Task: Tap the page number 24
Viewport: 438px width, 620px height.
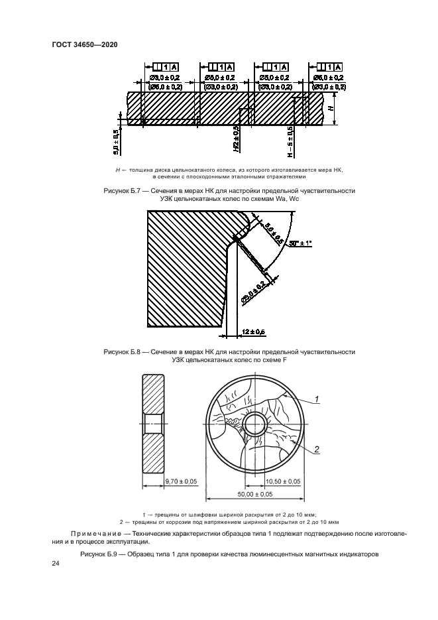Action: (x=56, y=564)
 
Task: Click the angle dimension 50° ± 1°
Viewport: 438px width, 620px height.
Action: (x=300, y=244)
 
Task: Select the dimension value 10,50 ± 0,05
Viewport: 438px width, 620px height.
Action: (x=283, y=481)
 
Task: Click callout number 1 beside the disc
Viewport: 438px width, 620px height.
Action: (x=317, y=399)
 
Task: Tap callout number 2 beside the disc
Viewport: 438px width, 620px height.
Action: (x=317, y=450)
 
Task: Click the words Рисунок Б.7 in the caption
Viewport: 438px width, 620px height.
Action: (x=121, y=190)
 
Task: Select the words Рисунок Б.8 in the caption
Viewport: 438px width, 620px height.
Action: (x=121, y=351)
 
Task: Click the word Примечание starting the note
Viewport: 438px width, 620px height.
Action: (x=99, y=533)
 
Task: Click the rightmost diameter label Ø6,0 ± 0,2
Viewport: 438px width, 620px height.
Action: (x=329, y=78)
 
